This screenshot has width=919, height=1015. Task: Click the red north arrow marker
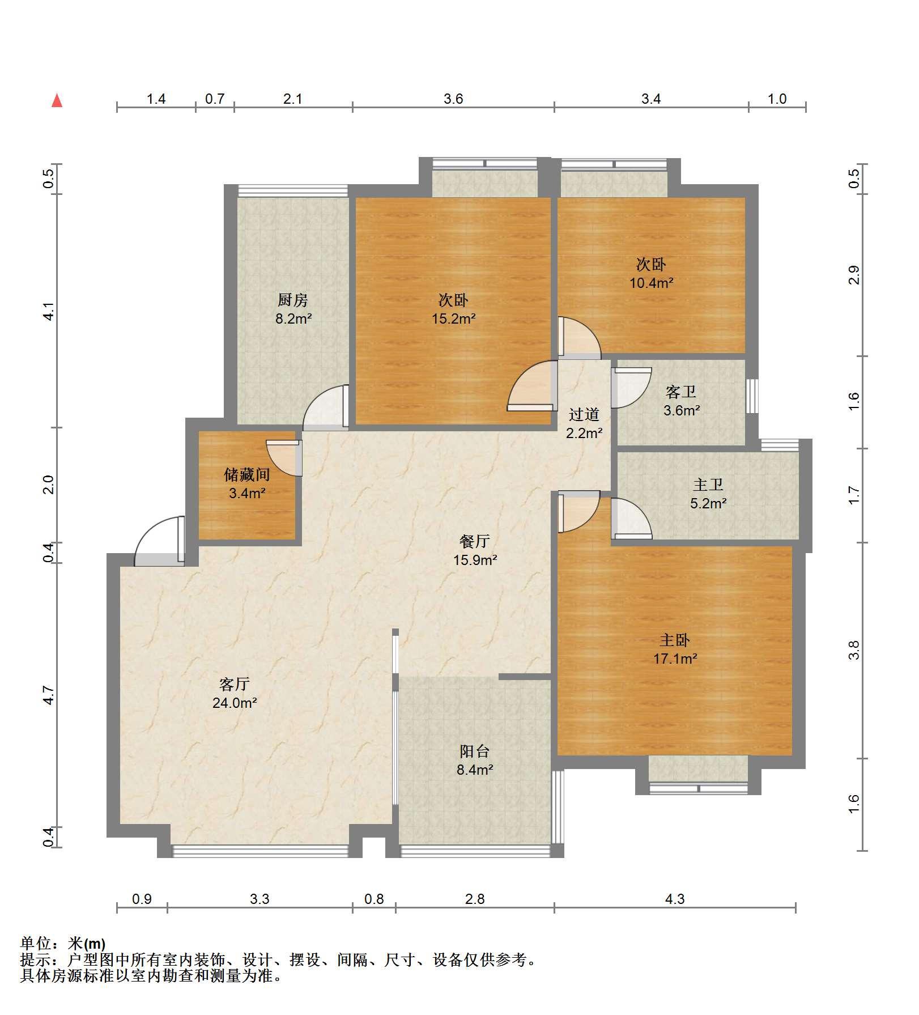pyautogui.click(x=57, y=100)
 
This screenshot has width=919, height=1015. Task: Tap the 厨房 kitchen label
pyautogui.click(x=293, y=300)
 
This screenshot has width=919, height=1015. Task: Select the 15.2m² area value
pyautogui.click(x=454, y=318)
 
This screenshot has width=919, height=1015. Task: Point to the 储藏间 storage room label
pyautogui.click(x=247, y=474)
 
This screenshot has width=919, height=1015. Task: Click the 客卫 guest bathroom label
pyautogui.click(x=681, y=392)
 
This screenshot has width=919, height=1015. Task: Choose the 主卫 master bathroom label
pyautogui.click(x=708, y=485)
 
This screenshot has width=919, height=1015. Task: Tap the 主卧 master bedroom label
pyautogui.click(x=675, y=640)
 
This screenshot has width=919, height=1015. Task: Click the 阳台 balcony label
pyautogui.click(x=475, y=751)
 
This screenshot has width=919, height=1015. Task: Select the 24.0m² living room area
pyautogui.click(x=235, y=703)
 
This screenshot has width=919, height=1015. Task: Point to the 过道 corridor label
pyautogui.click(x=584, y=414)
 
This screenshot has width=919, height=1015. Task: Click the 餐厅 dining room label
pyautogui.click(x=475, y=541)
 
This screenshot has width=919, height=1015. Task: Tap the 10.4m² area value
pyautogui.click(x=652, y=282)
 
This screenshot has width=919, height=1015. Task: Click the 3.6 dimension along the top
pyautogui.click(x=453, y=99)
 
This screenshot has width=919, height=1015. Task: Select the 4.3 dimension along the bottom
pyautogui.click(x=675, y=899)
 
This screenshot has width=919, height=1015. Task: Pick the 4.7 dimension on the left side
pyautogui.click(x=49, y=695)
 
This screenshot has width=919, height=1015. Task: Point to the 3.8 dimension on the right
pyautogui.click(x=854, y=650)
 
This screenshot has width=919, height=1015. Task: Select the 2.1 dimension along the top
pyautogui.click(x=292, y=99)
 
